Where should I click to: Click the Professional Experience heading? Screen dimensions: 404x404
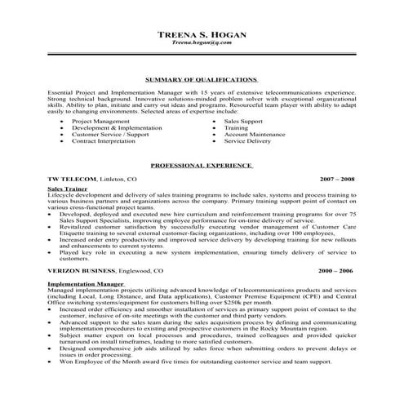point(201,165)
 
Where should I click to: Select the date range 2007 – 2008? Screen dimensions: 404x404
point(337,178)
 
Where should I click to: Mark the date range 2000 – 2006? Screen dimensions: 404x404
point(337,270)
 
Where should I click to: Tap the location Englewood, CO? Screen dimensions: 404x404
point(141,270)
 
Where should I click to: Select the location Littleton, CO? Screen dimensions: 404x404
point(119,178)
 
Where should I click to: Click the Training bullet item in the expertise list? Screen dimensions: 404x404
point(236,128)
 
